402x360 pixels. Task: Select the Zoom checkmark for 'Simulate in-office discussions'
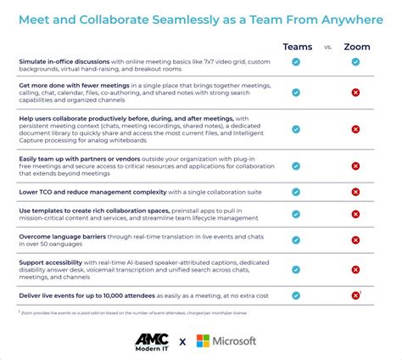[x=356, y=62]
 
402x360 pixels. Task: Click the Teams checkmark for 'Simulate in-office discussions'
[x=296, y=62]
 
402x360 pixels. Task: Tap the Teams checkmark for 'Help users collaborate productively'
[x=296, y=129]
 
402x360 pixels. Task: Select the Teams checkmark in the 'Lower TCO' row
[x=296, y=192]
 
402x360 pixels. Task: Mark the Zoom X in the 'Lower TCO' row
[x=356, y=192]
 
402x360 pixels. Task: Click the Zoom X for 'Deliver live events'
[x=356, y=295]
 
